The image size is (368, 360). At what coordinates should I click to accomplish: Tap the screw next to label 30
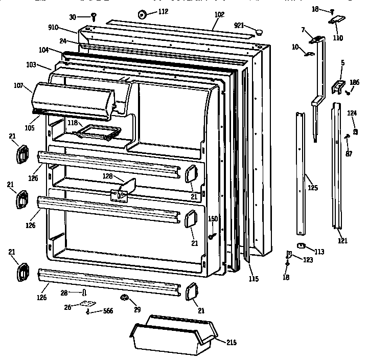click(x=94, y=17)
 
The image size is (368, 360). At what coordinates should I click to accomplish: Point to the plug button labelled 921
click(x=260, y=32)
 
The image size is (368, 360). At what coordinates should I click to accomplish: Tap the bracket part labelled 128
click(x=123, y=189)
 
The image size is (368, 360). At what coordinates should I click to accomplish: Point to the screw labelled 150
click(x=211, y=235)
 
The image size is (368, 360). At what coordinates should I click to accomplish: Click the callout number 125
click(x=312, y=188)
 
